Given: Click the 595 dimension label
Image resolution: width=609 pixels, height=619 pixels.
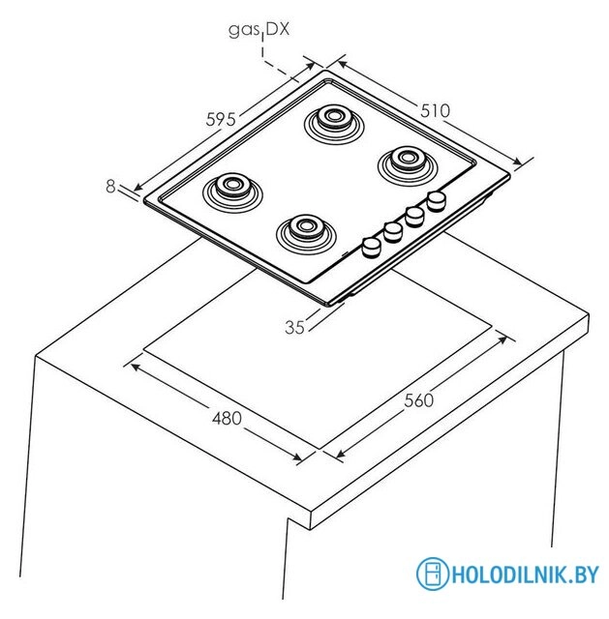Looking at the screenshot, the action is (x=221, y=119).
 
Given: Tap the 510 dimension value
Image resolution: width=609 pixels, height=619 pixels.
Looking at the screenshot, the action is (x=435, y=111).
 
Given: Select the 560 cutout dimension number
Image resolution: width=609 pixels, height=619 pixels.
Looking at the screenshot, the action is (x=419, y=400).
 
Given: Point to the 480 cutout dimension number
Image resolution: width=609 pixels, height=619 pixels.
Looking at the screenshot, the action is (x=227, y=419).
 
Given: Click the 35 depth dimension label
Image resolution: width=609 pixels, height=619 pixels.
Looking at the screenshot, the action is (x=294, y=327).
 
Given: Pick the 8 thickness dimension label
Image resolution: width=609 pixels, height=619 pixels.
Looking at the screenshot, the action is (x=110, y=187).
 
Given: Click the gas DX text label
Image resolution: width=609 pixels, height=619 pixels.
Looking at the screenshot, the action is (x=259, y=30).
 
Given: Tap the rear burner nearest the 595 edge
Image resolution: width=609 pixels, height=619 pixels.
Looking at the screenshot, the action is (x=334, y=125).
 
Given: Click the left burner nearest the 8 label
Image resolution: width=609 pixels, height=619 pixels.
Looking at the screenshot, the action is (x=232, y=192).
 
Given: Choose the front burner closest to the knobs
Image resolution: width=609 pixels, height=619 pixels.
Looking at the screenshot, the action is (x=306, y=234).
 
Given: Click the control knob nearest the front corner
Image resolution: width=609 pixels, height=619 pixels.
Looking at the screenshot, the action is (x=371, y=248).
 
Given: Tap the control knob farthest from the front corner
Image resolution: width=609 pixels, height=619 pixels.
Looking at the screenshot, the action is (x=437, y=201).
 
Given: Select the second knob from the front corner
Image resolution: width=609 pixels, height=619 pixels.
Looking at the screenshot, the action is (x=393, y=232).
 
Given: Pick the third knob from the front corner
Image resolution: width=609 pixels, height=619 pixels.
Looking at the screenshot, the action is (x=414, y=217).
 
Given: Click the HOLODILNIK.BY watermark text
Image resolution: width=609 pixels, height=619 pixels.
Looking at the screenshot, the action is (x=525, y=574).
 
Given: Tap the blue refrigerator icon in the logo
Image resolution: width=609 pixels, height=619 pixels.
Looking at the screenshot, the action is (x=433, y=574).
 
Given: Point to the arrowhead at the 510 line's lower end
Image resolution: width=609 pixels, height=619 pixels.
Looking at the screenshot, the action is (x=516, y=162).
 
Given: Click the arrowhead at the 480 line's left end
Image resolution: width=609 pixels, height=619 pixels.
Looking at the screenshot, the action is (x=135, y=368).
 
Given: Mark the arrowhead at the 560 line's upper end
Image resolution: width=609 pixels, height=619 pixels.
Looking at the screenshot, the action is (x=502, y=339).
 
